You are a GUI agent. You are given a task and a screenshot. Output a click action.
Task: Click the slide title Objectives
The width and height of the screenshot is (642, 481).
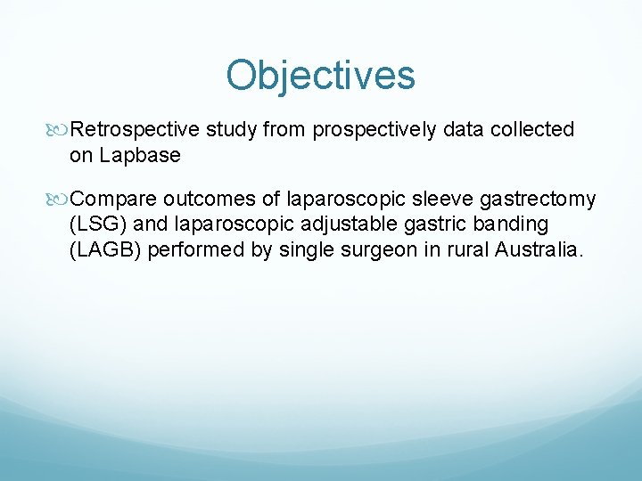pos(321,76)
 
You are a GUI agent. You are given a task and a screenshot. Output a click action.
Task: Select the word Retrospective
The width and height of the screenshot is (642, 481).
pos(135,130)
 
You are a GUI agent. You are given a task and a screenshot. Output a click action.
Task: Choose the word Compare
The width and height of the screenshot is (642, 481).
pos(113,199)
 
